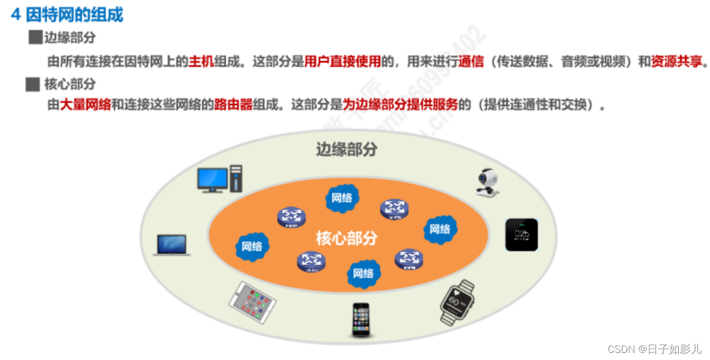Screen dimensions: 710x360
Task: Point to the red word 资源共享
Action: [x=676, y=61]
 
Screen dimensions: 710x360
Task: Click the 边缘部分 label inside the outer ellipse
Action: [x=347, y=149]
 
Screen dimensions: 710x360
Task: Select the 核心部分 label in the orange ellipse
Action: [x=347, y=238]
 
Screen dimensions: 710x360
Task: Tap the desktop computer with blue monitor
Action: [x=220, y=178]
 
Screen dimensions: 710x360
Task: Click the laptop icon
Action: [x=171, y=245]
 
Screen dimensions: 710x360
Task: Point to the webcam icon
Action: [x=487, y=182]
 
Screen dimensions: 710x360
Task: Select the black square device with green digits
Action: [x=521, y=235]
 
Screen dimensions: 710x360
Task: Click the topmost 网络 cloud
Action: [x=342, y=198]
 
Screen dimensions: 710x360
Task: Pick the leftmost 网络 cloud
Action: [x=252, y=246]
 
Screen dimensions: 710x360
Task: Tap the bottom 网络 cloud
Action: [x=363, y=273]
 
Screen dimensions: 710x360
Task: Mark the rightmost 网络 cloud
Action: [x=440, y=229]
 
